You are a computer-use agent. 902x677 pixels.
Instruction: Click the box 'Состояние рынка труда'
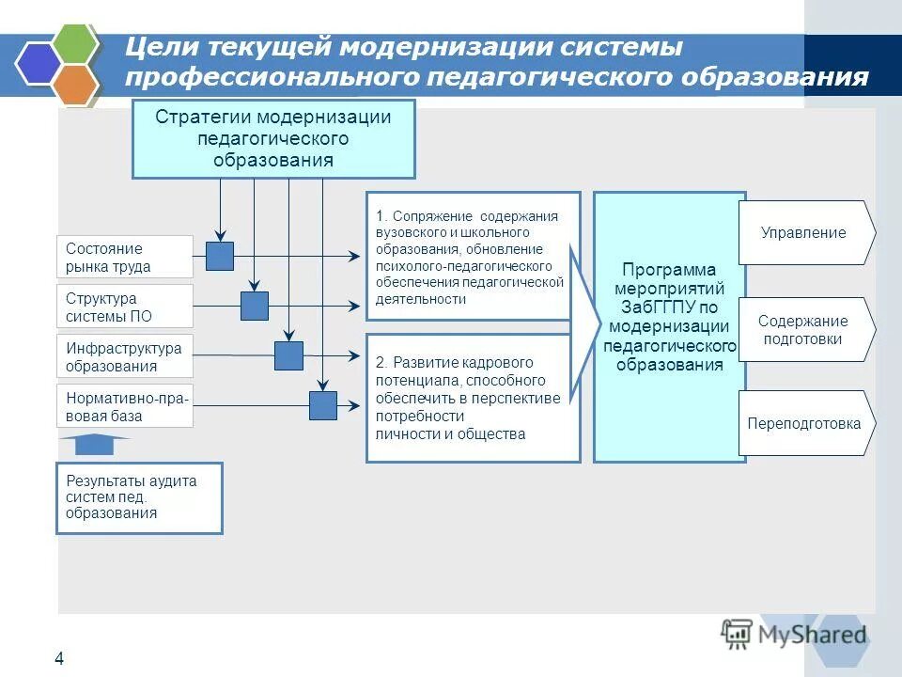124,258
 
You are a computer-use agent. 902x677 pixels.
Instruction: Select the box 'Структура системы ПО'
124,307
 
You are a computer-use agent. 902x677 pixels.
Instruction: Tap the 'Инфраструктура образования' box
124,357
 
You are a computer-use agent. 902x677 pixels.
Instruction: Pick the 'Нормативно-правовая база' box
124,406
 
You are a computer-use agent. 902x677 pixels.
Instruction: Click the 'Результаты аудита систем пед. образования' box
139,497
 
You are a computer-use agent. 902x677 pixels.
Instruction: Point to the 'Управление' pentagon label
804,232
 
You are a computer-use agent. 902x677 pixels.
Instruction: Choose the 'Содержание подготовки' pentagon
804,330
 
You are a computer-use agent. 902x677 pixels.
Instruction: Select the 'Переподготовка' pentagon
804,423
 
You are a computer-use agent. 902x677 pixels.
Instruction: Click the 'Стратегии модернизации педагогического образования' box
272,138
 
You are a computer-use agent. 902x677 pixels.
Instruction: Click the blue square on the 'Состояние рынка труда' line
220,256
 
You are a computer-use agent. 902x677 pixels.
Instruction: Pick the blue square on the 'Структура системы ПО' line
255,306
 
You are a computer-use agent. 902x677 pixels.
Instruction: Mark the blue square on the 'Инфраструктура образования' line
288,355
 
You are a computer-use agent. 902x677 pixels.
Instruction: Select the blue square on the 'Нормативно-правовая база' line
323,405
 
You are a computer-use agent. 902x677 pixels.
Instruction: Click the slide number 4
59,658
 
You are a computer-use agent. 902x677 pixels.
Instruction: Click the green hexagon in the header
74,43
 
